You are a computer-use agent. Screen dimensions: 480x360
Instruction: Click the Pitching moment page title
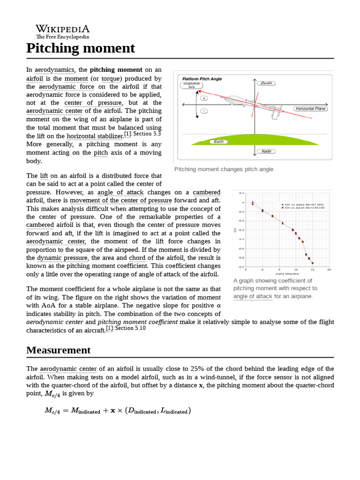[80, 48]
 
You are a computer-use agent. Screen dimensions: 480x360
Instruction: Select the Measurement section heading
[58, 350]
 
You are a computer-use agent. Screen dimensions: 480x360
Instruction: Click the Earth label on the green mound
[218, 141]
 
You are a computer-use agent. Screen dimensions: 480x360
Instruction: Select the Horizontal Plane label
[310, 108]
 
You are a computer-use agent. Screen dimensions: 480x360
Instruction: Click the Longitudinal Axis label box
[191, 85]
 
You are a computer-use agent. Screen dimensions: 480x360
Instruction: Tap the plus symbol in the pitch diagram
[204, 98]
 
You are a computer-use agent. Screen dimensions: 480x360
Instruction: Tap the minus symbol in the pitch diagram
[204, 111]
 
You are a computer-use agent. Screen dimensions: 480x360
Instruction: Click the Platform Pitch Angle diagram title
[202, 79]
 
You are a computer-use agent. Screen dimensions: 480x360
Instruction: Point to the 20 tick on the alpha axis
[329, 270]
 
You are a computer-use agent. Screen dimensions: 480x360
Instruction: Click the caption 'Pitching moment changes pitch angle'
[224, 169]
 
